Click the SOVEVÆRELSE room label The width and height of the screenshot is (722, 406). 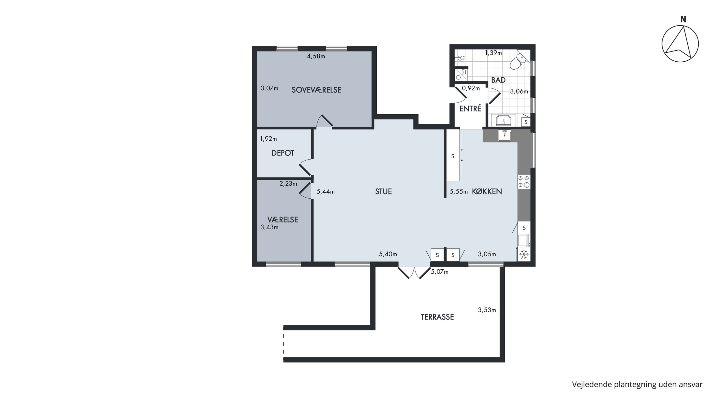coord(316,90)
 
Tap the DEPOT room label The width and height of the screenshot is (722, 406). coord(283,153)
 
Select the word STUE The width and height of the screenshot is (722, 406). coord(383,191)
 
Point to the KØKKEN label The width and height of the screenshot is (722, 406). coord(487,191)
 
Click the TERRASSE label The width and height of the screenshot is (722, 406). coord(437,317)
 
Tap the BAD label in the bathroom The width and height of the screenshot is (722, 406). coord(498,80)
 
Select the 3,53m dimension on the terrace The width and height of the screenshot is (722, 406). coord(487,310)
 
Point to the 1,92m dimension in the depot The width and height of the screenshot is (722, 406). coord(269,139)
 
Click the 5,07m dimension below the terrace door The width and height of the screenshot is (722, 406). coord(439,271)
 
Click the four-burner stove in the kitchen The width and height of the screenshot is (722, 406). coord(524,181)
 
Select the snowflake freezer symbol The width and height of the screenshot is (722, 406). coord(523,254)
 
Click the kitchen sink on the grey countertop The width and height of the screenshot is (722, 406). coord(504,135)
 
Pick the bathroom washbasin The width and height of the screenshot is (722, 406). coord(504,121)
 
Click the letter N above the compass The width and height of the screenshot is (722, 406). coord(683,19)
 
